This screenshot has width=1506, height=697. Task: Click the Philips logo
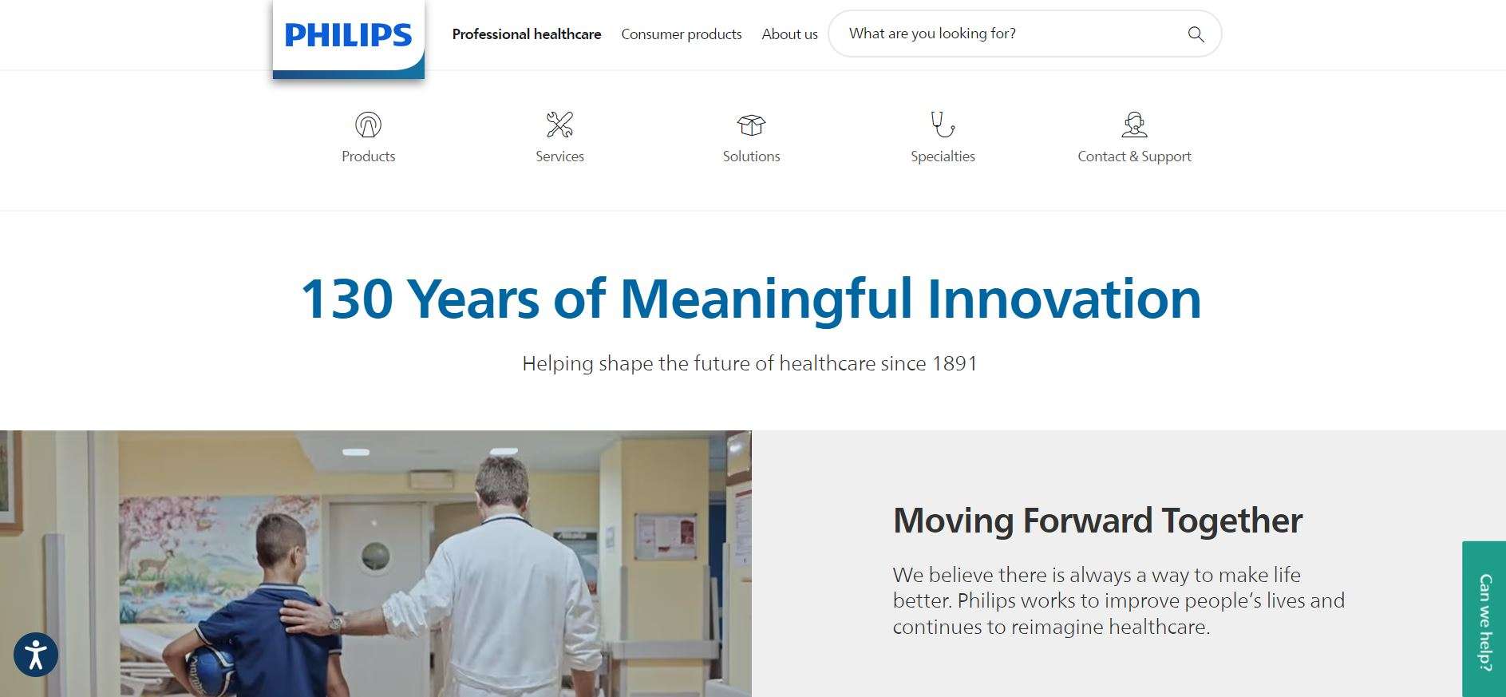coord(348,36)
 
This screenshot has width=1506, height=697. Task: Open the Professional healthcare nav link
coord(527,34)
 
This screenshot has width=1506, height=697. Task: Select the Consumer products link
coord(682,34)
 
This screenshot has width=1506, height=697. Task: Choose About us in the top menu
coord(789,34)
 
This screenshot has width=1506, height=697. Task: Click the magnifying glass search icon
coord(1196,34)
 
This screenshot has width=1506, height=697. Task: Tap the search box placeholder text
coord(932,34)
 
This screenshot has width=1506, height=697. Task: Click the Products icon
coord(368,125)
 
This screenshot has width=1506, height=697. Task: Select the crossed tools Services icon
coord(559,125)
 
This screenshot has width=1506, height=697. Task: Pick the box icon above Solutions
coord(751,125)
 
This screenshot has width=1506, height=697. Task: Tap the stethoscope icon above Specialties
coord(943,125)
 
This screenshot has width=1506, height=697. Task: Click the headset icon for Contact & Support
coord(1134,125)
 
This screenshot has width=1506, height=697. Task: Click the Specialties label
coord(943,156)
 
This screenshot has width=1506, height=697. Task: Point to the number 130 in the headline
coord(346,299)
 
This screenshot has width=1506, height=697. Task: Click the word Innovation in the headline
coord(1064,299)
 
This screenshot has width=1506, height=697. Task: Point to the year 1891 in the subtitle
coord(955,364)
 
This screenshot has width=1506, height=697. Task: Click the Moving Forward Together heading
coord(1097,521)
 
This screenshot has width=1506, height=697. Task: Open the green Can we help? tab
coord(1484,621)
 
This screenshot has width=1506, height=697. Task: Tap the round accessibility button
coord(36,655)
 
